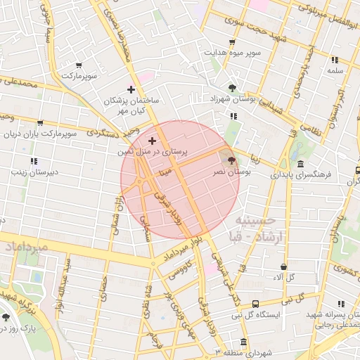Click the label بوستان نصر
click(231, 172)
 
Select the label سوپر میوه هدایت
click(232, 53)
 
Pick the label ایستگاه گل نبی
click(279, 314)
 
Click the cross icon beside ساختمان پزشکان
click(131, 89)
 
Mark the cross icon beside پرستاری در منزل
click(152, 141)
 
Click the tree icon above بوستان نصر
click(232, 160)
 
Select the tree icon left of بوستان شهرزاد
click(232, 88)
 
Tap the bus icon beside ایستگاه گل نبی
click(255, 304)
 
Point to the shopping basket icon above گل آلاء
click(283, 267)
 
